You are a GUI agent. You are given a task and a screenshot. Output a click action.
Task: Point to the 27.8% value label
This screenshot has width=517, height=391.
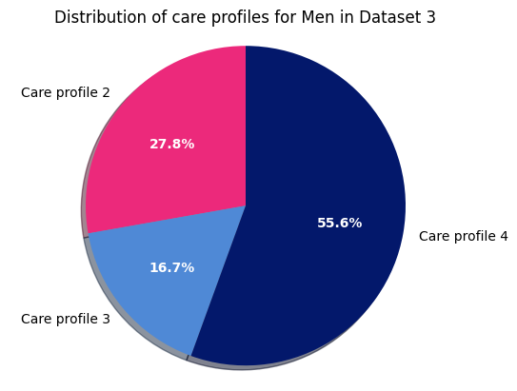click(x=171, y=145)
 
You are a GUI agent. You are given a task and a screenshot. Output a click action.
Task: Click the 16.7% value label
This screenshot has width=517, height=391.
click(x=171, y=268)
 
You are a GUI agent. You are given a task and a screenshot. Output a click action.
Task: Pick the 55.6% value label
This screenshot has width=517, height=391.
click(x=339, y=224)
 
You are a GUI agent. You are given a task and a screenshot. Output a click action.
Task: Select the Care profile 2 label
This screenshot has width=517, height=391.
click(x=65, y=93)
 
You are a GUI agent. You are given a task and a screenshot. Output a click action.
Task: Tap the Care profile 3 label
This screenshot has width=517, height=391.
click(x=65, y=320)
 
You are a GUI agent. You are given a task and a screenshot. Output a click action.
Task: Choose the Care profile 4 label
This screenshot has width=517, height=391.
click(x=463, y=236)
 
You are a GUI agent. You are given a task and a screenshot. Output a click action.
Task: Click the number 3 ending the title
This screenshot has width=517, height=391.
click(x=430, y=18)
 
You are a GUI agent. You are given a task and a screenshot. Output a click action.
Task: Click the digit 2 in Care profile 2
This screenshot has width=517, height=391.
click(x=106, y=93)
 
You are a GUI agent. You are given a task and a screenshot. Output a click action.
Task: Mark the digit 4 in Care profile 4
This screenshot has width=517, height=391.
click(x=504, y=236)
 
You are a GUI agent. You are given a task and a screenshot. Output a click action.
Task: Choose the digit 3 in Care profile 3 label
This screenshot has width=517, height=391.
click(x=106, y=320)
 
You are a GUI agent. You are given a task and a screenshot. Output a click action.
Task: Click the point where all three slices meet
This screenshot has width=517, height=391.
click(x=246, y=205)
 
